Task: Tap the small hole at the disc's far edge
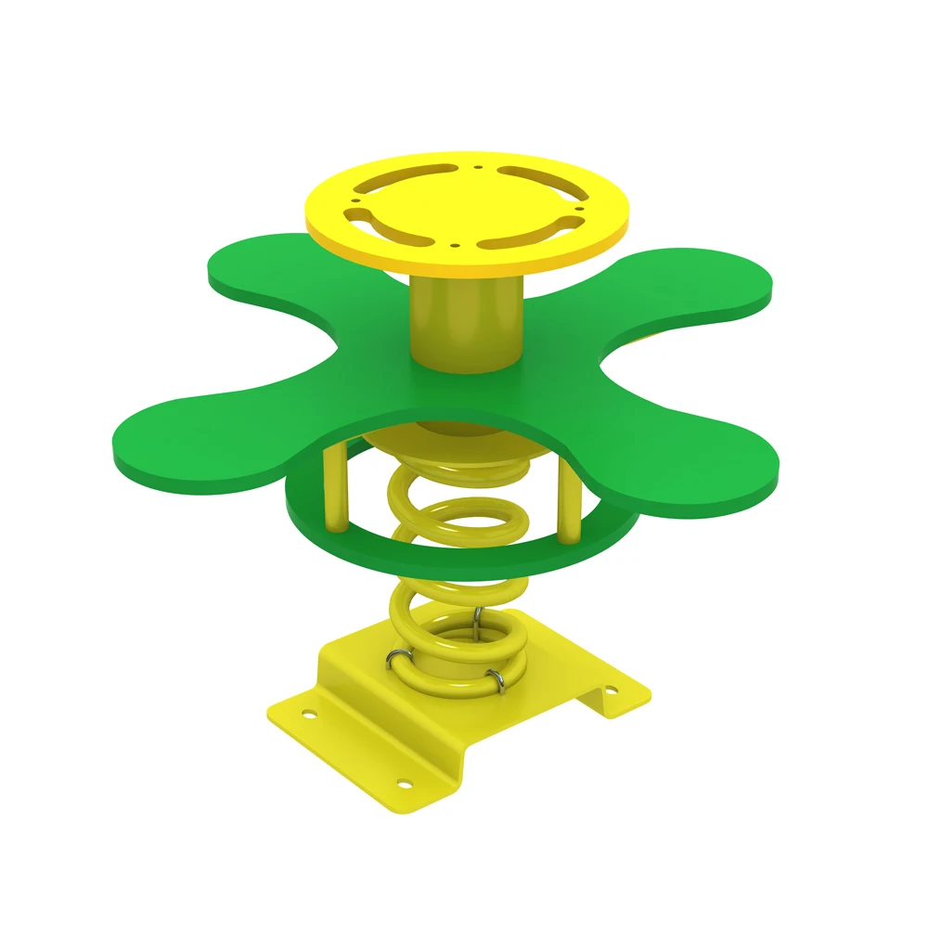coord(477,169)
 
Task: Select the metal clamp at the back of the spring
coord(476,624)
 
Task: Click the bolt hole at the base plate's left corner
coord(306,714)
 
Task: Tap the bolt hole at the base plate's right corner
coord(610,690)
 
